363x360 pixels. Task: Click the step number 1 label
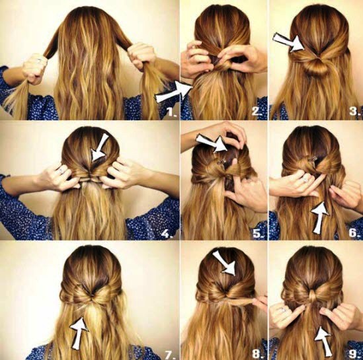tap(172, 112)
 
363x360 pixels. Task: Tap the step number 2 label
tap(257, 112)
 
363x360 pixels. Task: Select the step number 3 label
tap(354, 111)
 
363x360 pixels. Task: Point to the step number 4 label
tap(167, 234)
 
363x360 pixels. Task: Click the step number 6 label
tap(354, 233)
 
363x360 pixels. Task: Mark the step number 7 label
tap(170, 353)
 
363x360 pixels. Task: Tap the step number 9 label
tap(354, 353)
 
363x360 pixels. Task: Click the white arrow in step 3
tap(290, 42)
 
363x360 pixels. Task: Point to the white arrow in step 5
tap(212, 143)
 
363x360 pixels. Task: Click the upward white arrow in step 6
tap(319, 217)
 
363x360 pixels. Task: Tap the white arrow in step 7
tap(79, 333)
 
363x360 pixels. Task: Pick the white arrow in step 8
tap(225, 263)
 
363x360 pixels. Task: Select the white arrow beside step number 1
tap(174, 92)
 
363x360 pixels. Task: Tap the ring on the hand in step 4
tap(61, 170)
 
